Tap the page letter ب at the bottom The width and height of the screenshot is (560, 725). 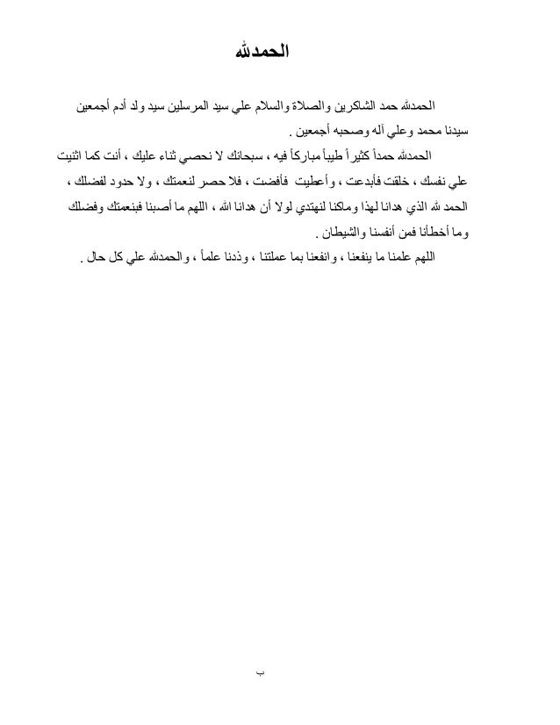point(260,673)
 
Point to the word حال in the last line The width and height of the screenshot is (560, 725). point(95,260)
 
